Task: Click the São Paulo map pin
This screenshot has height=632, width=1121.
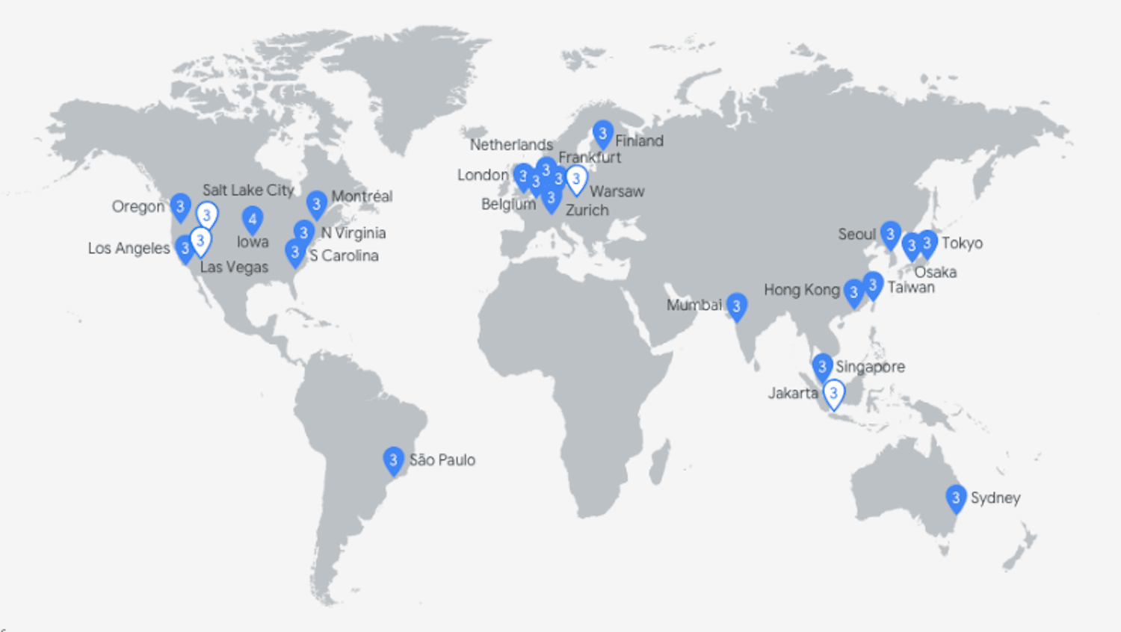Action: coord(393,460)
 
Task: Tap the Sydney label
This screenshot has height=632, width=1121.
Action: coord(995,498)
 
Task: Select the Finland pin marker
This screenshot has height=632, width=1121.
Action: coord(602,134)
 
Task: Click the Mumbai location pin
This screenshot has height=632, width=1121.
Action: coord(736,306)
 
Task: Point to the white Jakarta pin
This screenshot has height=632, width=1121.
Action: coord(833,393)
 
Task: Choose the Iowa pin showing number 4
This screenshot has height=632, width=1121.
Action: coord(253,220)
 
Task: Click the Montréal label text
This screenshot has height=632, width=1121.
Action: coord(362,196)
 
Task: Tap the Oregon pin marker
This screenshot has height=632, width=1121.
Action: coord(180,207)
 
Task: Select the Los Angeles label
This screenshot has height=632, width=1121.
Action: coord(129,248)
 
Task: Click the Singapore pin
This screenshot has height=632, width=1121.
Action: coord(822,367)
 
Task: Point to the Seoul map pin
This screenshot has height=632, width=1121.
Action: coord(889,235)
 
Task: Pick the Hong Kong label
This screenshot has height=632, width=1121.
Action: coord(801,290)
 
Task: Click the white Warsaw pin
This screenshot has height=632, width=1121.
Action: coord(576,179)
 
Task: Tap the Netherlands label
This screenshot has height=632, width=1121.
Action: coord(511,145)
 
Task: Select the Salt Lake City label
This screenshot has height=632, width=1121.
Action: coord(248,190)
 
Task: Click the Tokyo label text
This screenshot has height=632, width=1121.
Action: coord(962,244)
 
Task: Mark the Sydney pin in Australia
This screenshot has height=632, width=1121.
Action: coord(955,498)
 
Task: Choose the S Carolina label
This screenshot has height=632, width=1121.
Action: coord(344,256)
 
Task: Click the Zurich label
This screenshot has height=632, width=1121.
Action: coord(587,211)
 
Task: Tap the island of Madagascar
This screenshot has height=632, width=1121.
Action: coord(659,461)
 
